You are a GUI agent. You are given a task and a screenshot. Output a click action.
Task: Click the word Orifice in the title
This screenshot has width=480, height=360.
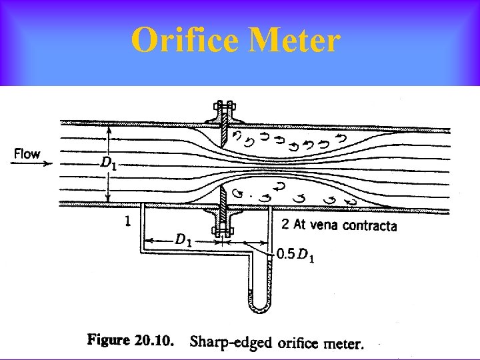[x=184, y=41]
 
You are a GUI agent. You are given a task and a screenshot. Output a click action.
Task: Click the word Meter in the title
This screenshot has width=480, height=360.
[x=294, y=41]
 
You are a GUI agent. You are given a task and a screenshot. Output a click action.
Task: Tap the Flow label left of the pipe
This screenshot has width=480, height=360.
[x=27, y=154]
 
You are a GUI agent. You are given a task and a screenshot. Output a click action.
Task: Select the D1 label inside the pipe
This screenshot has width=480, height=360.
[x=107, y=162]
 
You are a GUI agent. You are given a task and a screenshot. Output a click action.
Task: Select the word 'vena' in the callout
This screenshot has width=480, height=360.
[x=325, y=225]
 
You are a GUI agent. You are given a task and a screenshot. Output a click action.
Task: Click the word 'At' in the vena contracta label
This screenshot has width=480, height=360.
[x=301, y=225]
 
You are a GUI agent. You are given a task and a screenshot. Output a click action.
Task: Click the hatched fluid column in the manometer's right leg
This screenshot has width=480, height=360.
[x=268, y=280]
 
